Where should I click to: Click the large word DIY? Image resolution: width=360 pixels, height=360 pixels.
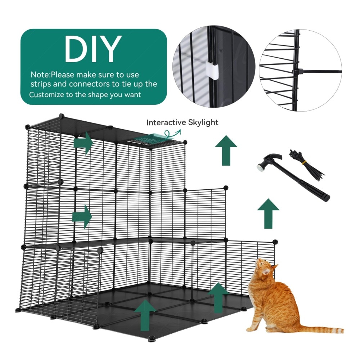point(93,49)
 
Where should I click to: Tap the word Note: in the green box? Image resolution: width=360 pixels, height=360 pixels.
point(41,75)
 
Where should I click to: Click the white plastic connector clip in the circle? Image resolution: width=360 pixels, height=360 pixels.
point(212,71)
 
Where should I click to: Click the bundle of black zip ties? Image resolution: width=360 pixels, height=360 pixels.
point(306,164)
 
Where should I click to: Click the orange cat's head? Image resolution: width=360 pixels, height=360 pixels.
point(266,269)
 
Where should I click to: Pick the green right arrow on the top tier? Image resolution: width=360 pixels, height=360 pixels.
point(84,143)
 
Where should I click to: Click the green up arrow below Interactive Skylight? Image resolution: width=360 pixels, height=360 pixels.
point(226,150)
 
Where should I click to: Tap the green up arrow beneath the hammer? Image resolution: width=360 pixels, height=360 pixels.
point(268,213)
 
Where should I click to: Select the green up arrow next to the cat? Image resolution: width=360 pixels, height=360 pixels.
point(219,298)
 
